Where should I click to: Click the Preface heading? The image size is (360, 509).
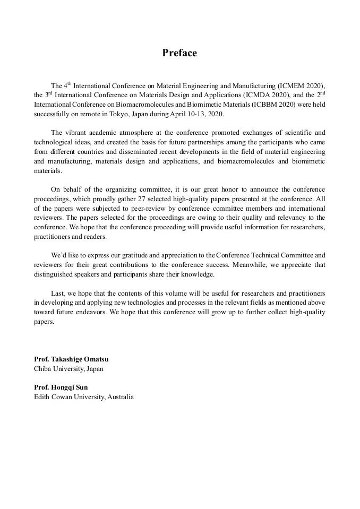click(179, 53)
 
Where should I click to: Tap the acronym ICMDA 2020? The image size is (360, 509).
click(244, 95)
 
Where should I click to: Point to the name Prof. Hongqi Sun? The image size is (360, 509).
click(61, 387)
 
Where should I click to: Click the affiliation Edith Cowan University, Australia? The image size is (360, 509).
click(84, 397)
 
